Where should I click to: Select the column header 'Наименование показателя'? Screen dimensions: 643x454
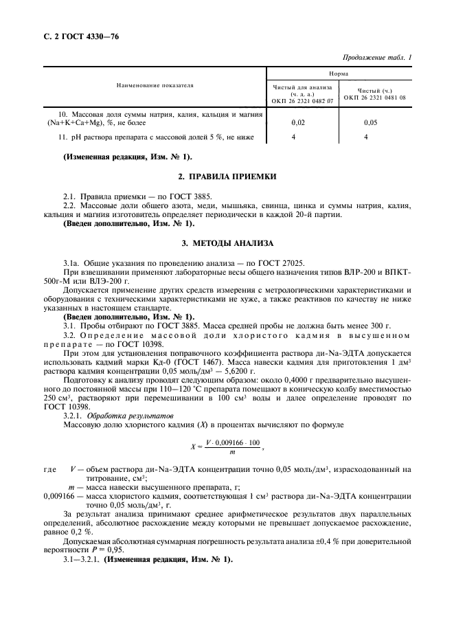point(155,86)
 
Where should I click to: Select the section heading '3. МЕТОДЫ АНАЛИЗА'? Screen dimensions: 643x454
point(227,243)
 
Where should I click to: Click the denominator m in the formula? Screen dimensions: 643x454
point(231,452)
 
